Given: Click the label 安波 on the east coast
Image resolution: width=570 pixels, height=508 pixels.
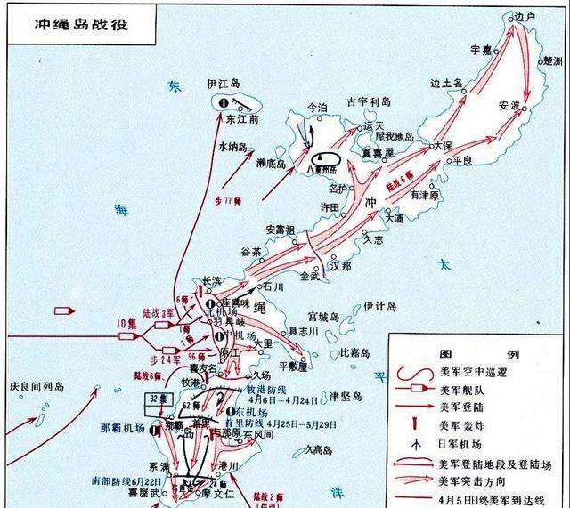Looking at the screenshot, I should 509,104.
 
